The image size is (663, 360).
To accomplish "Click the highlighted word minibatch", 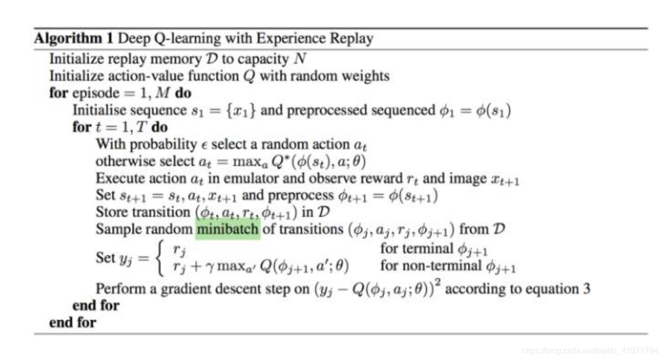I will coord(227,229).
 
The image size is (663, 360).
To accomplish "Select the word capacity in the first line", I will coord(262,59).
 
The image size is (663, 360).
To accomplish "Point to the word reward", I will coord(377,178).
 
